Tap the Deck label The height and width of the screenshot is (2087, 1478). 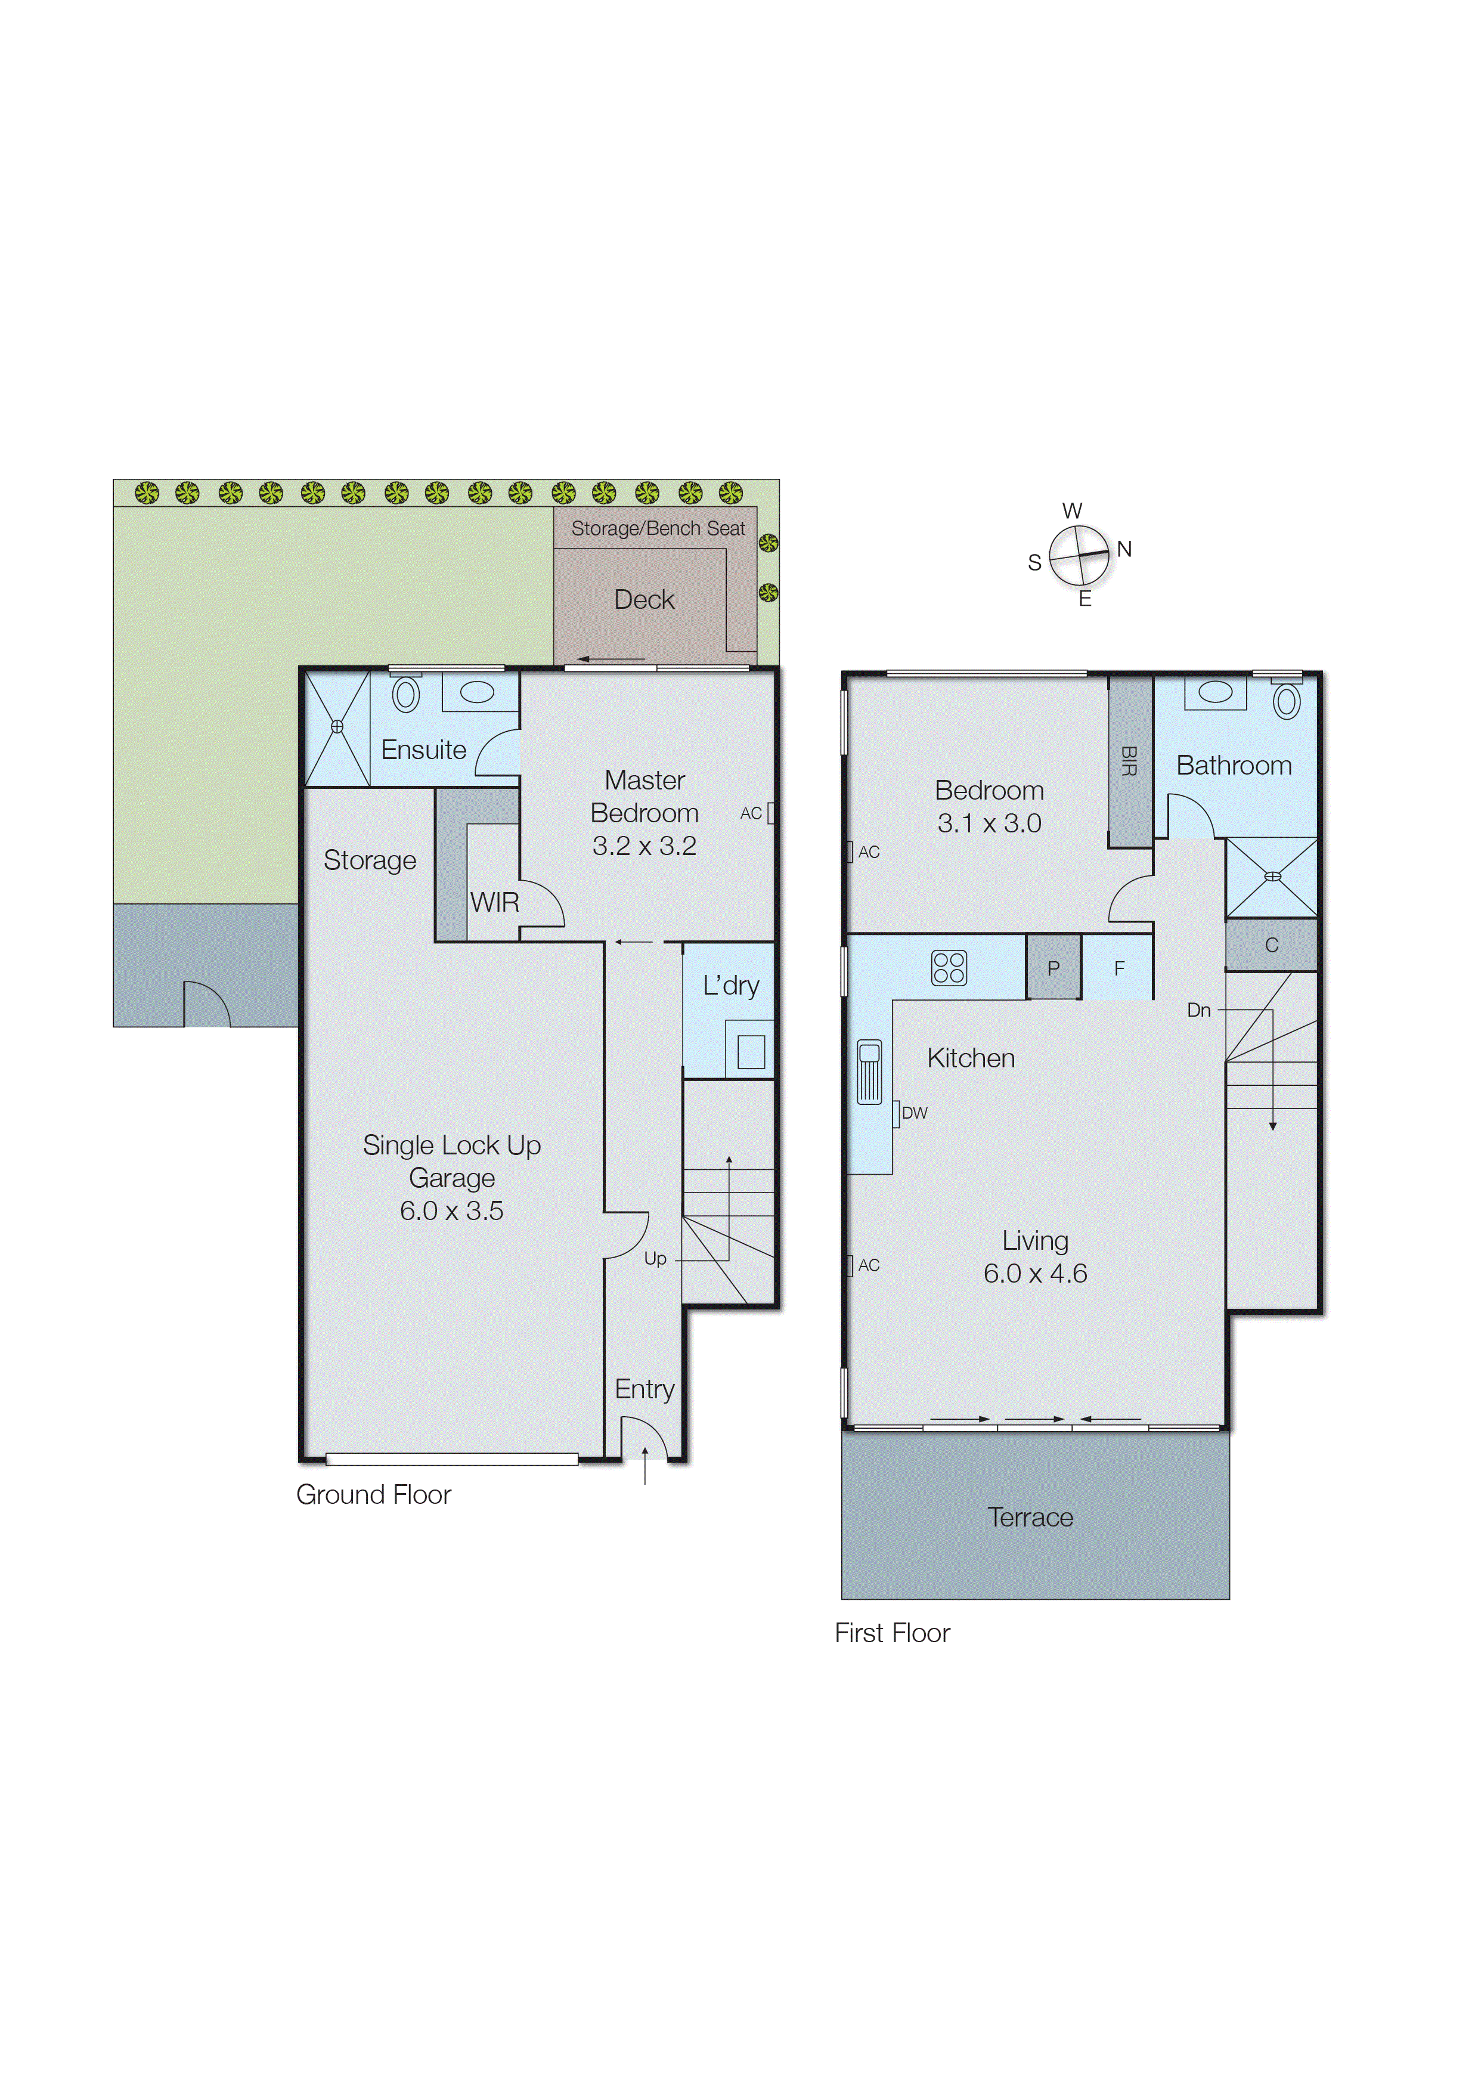[645, 600]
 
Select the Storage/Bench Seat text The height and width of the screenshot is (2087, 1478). [658, 528]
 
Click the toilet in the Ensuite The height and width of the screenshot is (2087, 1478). [406, 695]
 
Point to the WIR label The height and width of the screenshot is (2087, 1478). [494, 902]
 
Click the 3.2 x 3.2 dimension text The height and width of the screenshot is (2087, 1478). [645, 846]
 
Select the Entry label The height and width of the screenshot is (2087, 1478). [645, 1389]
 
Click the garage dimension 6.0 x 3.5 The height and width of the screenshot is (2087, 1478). [451, 1210]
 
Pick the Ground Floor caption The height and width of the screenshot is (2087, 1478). [373, 1494]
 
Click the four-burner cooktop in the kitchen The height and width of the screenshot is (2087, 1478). [949, 968]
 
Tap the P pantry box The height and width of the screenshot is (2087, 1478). [1053, 968]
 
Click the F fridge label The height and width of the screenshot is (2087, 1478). [1120, 968]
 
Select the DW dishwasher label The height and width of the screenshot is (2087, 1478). [915, 1112]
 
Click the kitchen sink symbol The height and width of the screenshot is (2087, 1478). [869, 1072]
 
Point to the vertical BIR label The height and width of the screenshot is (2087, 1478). [1129, 761]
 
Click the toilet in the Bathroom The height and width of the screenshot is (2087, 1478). [1286, 701]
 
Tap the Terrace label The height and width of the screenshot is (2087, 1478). [1030, 1517]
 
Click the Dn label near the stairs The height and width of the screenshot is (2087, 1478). [1198, 1010]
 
